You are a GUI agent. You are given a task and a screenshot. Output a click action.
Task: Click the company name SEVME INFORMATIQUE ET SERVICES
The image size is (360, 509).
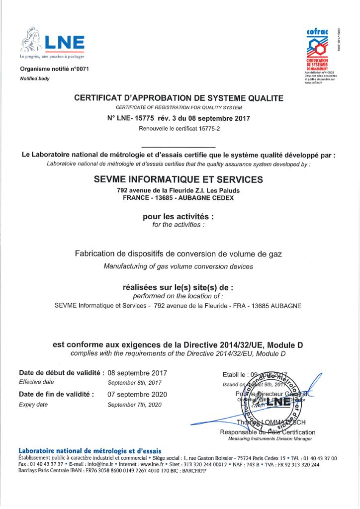click(179, 179)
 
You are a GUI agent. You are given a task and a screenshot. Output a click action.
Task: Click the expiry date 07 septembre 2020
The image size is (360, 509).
click(137, 394)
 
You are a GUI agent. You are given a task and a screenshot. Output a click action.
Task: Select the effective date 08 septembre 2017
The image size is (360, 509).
click(137, 373)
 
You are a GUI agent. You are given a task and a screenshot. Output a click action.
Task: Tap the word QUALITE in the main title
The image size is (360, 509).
click(264, 98)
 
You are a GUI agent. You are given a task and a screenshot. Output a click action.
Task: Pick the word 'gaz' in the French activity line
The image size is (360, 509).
click(274, 254)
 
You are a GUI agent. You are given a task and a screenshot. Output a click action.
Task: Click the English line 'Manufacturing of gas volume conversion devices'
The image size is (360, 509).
click(179, 266)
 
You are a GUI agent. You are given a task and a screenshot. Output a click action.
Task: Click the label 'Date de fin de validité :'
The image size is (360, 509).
click(56, 394)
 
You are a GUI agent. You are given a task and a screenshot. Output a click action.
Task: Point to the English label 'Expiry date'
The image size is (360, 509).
click(33, 405)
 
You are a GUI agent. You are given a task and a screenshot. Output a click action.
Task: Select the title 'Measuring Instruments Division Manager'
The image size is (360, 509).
click(270, 439)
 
